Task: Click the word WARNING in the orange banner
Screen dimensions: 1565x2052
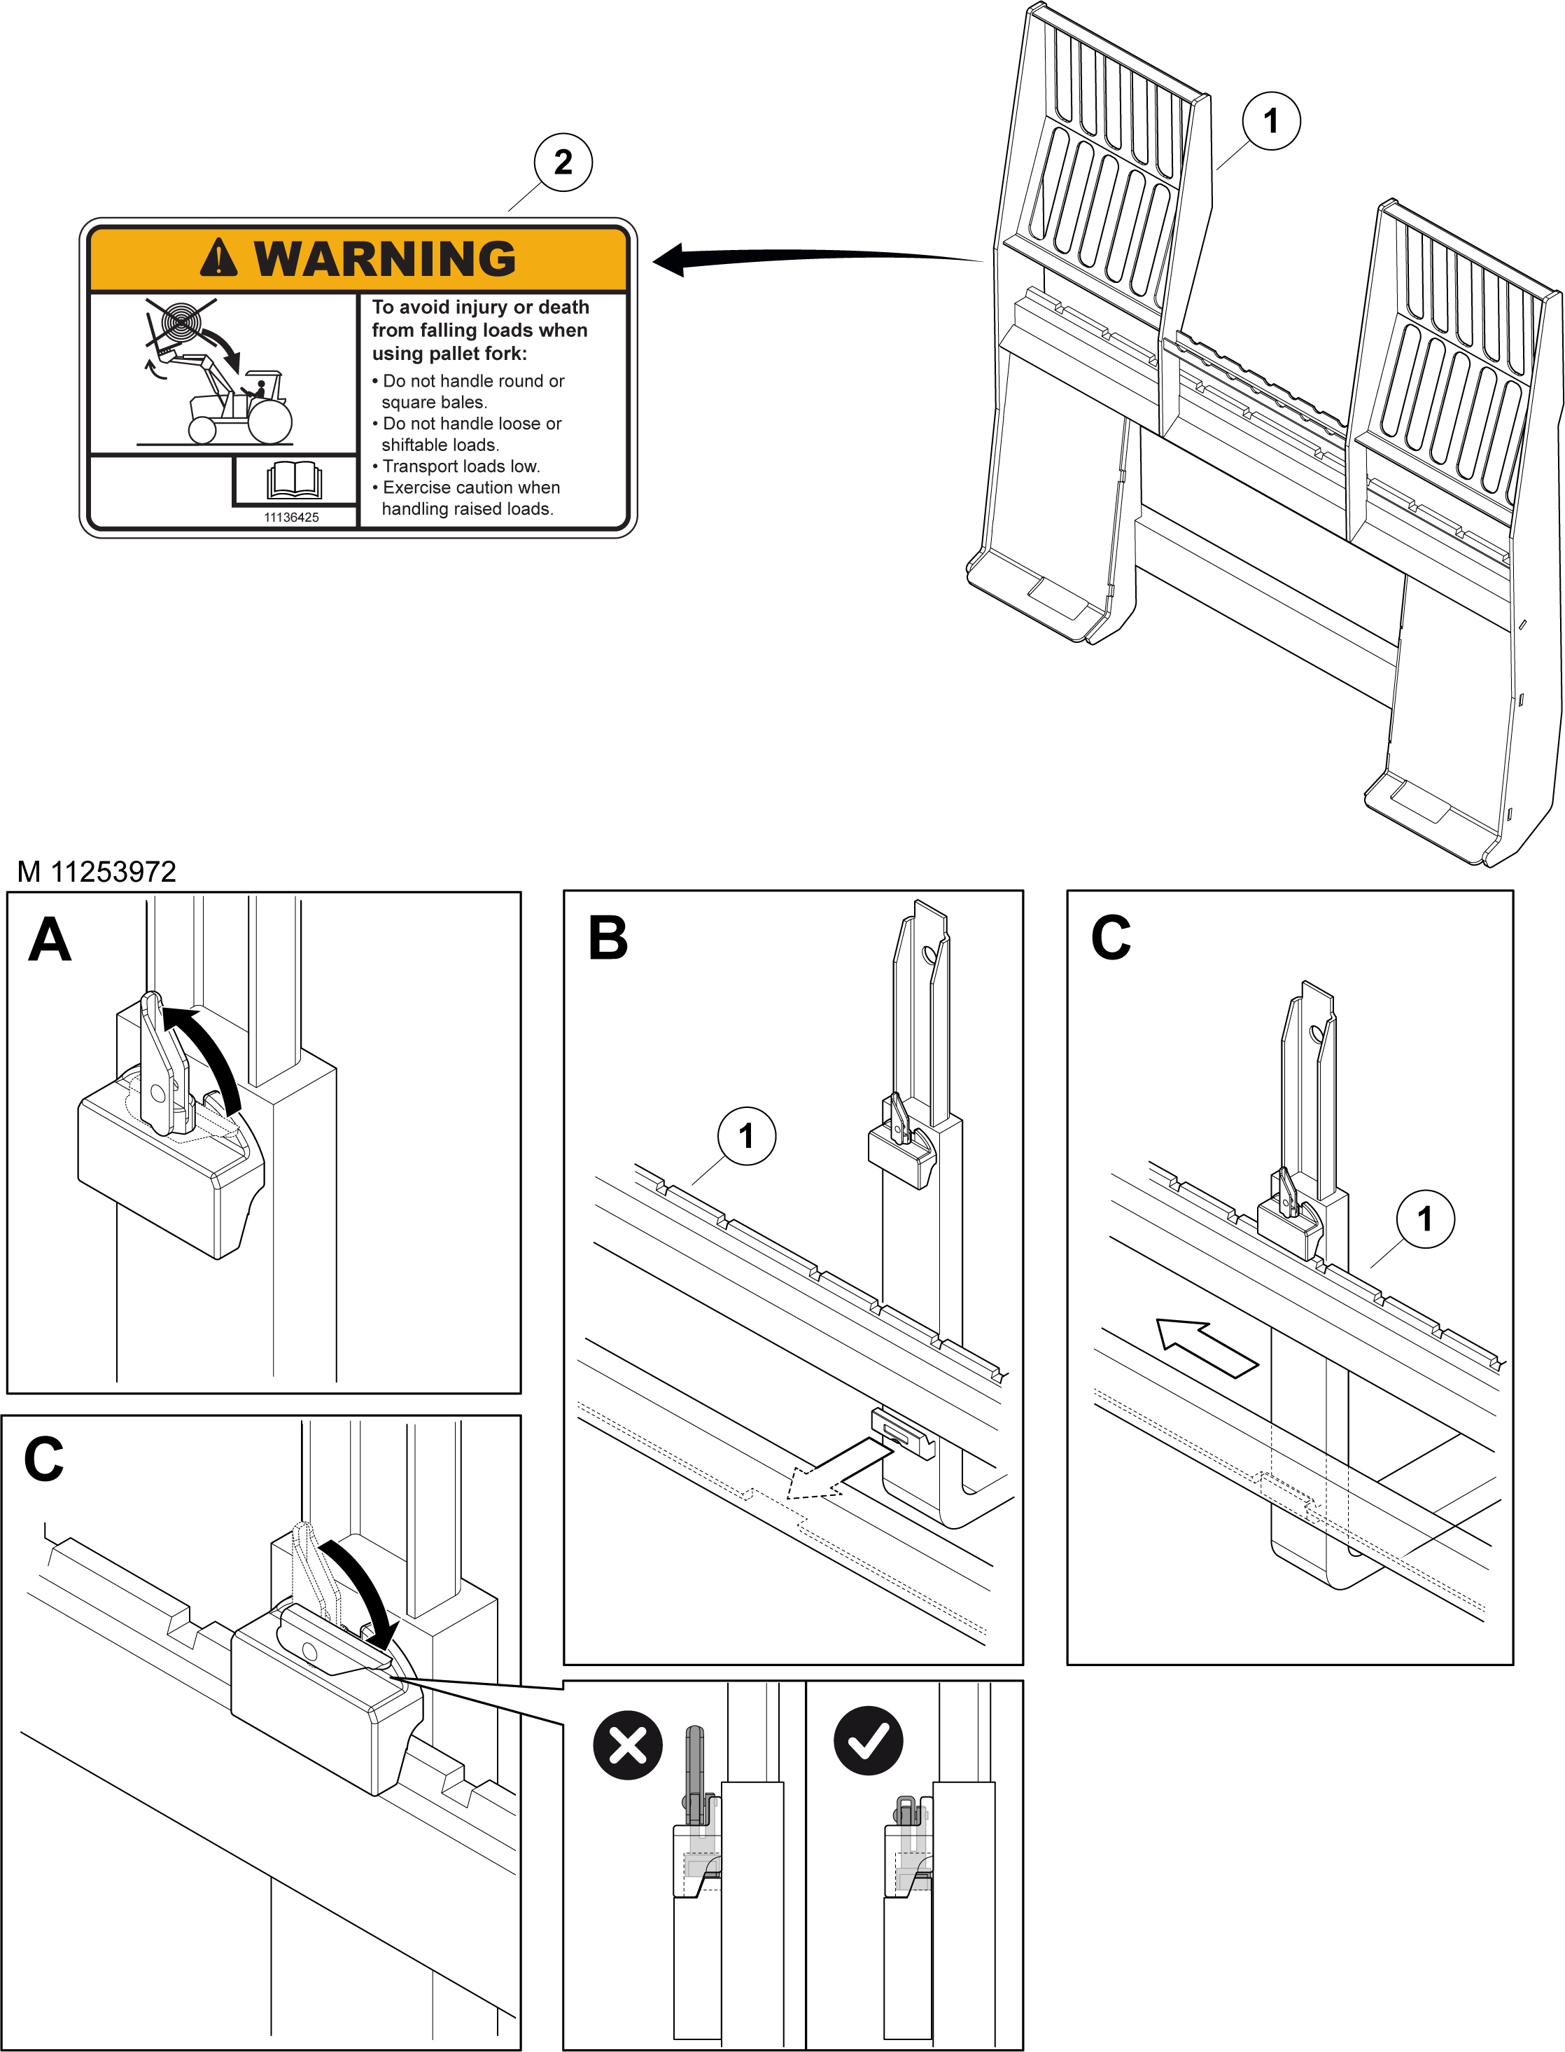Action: pos(385,258)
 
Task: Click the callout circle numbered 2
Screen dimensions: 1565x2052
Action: pos(563,162)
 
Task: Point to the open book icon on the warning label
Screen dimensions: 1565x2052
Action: pos(295,480)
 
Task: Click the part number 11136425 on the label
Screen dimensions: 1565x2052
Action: pos(292,517)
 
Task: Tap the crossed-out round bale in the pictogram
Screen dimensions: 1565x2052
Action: pos(180,322)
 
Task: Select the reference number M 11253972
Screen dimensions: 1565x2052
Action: pos(97,871)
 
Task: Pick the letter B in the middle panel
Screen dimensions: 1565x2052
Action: pos(608,938)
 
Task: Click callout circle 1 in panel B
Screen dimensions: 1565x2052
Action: pos(746,1136)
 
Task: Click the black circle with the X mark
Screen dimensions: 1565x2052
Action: pos(628,1745)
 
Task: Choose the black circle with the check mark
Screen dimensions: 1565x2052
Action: pos(868,1740)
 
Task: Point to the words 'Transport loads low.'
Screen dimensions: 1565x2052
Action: pos(461,466)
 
